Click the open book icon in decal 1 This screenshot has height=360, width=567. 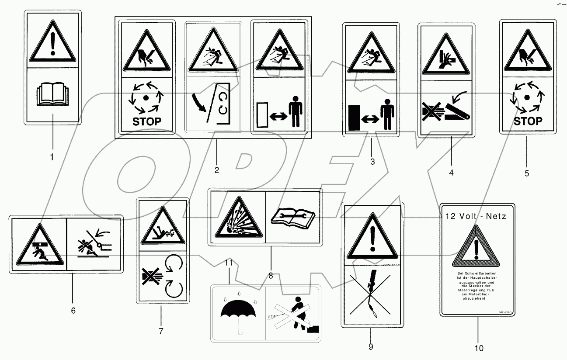pyautogui.click(x=52, y=96)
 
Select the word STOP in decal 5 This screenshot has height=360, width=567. pyautogui.click(x=528, y=121)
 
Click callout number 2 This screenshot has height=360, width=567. pyautogui.click(x=216, y=170)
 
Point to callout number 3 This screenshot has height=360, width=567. pyautogui.click(x=372, y=162)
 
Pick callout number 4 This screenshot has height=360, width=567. pyautogui.click(x=451, y=173)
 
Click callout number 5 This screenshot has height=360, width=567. pyautogui.click(x=527, y=173)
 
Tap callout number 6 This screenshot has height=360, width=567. pyautogui.click(x=73, y=310)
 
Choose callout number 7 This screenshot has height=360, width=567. pyautogui.click(x=161, y=331)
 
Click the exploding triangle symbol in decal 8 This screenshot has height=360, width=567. pyautogui.click(x=237, y=217)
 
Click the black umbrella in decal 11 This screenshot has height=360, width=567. pyautogui.click(x=238, y=314)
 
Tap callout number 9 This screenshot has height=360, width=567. pyautogui.click(x=371, y=346)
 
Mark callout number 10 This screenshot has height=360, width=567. pyautogui.click(x=479, y=348)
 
